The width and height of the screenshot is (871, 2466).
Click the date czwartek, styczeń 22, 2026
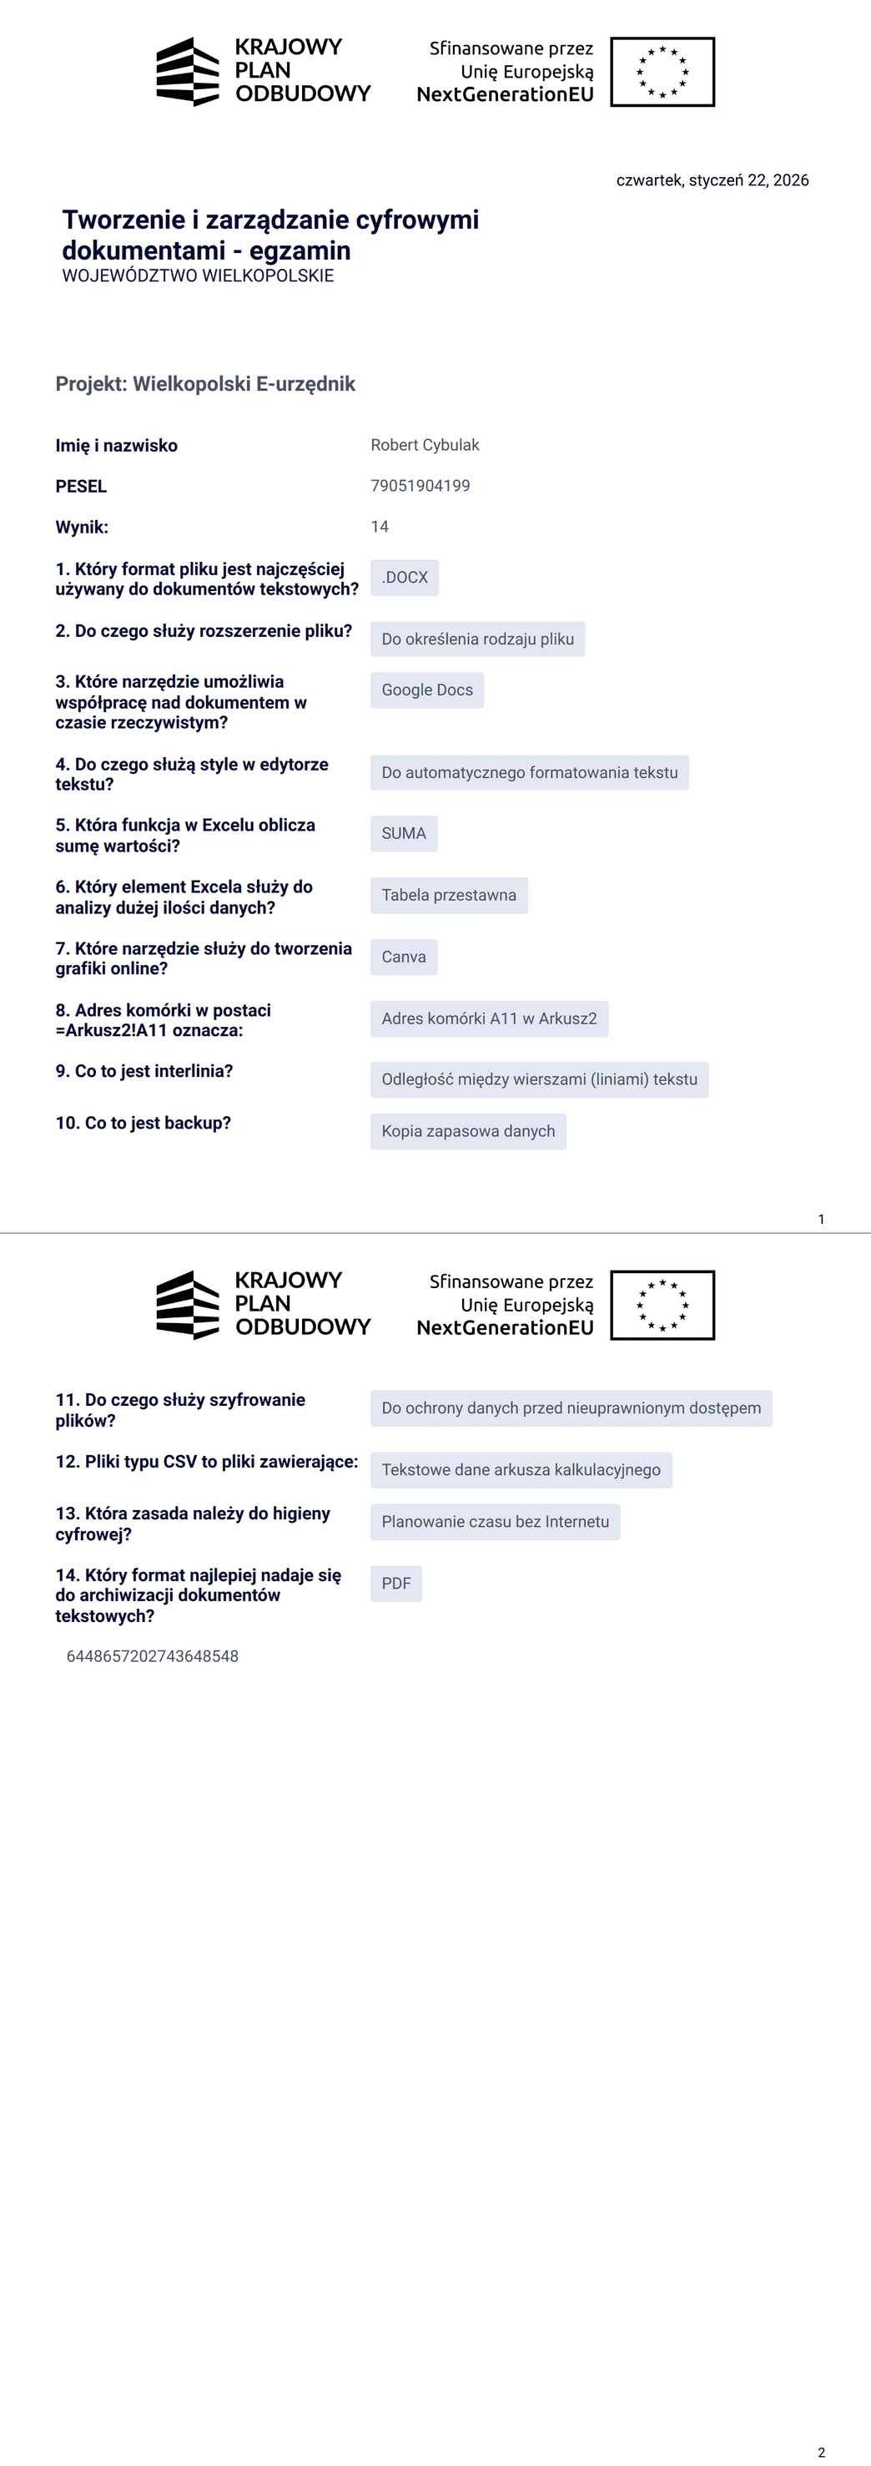coord(712,180)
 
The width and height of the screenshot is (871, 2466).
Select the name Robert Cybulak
coord(425,445)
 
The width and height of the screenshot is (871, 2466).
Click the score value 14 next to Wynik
coord(380,527)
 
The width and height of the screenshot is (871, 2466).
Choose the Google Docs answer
coord(427,690)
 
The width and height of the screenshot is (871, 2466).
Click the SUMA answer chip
coord(404,834)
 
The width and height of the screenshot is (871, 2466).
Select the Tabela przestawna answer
coord(449,895)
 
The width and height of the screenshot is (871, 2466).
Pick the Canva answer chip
coord(404,958)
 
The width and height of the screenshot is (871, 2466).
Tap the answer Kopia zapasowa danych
coord(468,1131)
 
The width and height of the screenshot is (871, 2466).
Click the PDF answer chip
coord(396,1584)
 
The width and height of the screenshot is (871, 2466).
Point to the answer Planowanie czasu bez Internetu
coord(495,1522)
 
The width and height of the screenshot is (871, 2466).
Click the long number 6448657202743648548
coord(152,1657)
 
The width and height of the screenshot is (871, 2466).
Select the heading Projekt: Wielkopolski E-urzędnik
coord(205,384)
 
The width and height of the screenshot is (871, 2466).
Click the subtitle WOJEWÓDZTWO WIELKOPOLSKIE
coord(198,275)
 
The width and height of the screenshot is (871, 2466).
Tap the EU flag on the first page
coord(662,72)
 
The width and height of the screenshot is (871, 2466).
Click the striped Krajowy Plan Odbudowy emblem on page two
coord(188,1305)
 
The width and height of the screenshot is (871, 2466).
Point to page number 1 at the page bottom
coord(821,1219)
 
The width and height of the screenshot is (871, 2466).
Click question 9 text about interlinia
coord(143,1071)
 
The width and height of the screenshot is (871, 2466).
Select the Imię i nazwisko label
coord(116,446)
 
